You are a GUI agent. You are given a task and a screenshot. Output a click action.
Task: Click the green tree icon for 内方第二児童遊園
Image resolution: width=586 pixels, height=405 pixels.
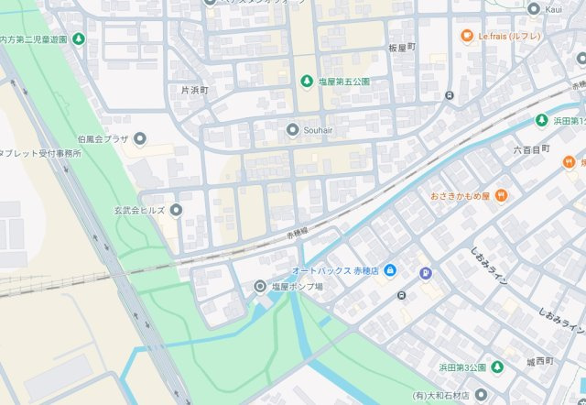click(79, 39)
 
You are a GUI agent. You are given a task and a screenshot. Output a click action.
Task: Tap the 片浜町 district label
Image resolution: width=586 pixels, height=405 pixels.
click(194, 91)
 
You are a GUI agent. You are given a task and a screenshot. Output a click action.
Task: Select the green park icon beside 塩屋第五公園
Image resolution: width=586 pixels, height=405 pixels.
click(307, 82)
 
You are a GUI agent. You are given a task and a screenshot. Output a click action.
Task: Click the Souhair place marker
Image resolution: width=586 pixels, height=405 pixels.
click(292, 129)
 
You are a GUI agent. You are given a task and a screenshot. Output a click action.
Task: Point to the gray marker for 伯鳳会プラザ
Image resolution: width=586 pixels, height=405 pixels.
click(140, 139)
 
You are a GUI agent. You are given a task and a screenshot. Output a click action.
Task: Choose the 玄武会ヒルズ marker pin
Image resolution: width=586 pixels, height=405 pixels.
click(176, 210)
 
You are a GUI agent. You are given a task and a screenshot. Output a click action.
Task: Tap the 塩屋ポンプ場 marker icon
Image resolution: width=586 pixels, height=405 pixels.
click(259, 287)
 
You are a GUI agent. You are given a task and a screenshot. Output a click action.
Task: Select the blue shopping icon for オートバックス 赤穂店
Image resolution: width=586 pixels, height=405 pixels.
click(389, 270)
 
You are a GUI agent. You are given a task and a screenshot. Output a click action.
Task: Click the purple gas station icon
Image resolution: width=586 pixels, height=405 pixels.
click(425, 272)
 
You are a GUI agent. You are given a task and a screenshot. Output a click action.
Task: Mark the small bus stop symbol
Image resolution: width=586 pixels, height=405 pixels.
click(401, 294)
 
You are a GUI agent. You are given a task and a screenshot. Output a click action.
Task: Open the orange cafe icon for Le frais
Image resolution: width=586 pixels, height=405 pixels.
click(466, 37)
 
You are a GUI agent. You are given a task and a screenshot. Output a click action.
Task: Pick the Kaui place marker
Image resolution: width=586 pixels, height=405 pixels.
click(535, 9)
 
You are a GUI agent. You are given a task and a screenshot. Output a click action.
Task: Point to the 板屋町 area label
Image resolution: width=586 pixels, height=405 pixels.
click(401, 47)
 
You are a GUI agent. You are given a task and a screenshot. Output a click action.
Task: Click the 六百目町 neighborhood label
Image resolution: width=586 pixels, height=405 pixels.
click(531, 148)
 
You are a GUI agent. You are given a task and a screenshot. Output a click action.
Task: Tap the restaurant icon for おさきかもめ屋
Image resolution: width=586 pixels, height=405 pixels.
click(502, 195)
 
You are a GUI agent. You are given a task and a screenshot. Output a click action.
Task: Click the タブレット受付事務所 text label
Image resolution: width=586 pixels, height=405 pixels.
click(41, 153)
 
